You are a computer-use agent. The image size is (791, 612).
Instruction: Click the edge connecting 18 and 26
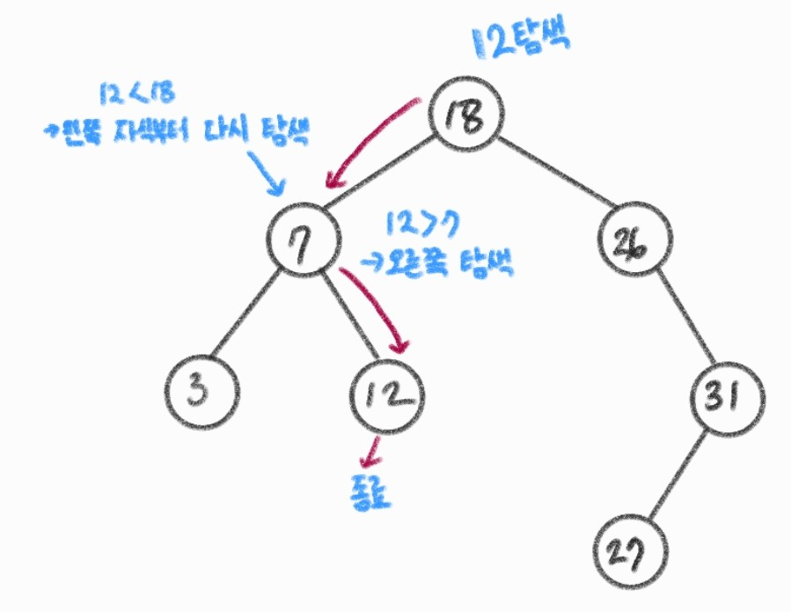554,176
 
